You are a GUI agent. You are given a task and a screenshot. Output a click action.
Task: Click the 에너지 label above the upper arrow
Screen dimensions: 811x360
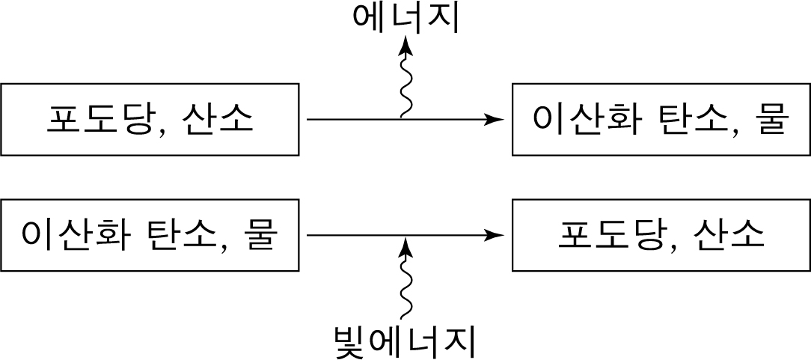[405, 19]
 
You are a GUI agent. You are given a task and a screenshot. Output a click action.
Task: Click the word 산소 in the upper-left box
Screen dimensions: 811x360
[217, 120]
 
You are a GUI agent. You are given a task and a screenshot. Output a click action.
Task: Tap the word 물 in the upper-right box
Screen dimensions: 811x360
[774, 120]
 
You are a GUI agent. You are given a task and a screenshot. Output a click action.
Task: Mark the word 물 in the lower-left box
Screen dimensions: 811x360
[263, 236]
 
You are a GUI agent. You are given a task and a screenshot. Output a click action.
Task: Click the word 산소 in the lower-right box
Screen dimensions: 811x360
[729, 236]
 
